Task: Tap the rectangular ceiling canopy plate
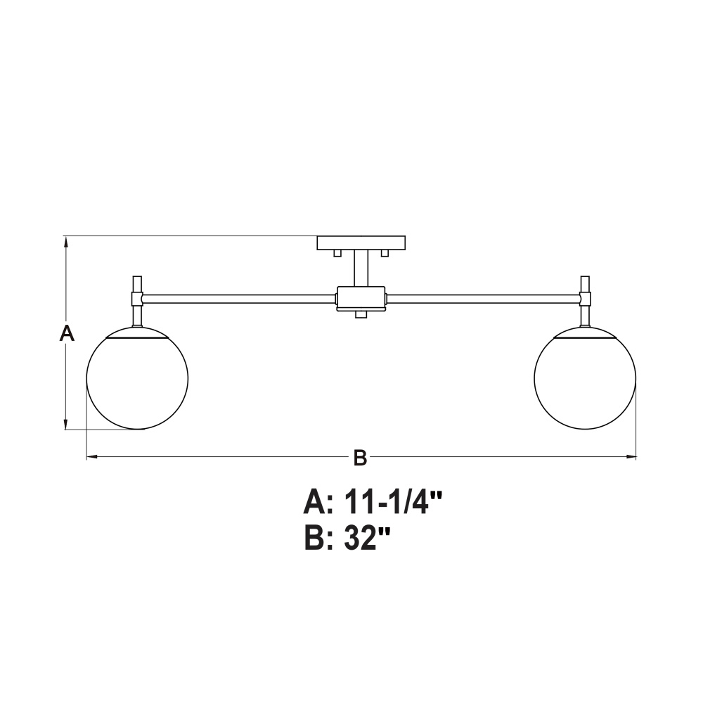pos(361,243)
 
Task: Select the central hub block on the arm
pos(361,299)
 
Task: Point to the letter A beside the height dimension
pos(67,333)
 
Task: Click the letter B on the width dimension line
pos(360,458)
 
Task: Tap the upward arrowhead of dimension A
pos(66,243)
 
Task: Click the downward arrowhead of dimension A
pos(66,424)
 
